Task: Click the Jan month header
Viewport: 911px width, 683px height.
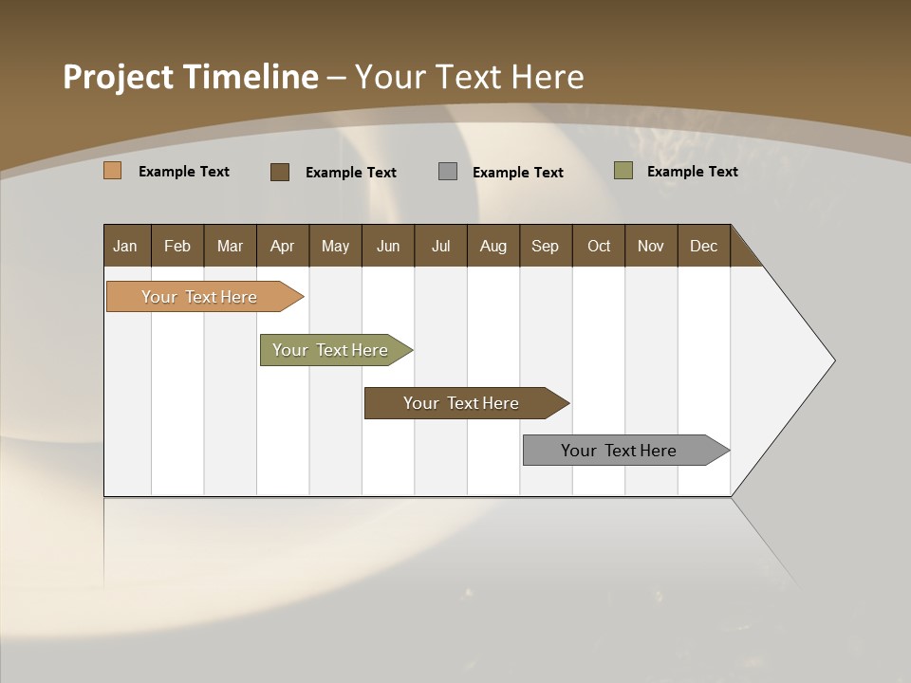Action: pos(125,246)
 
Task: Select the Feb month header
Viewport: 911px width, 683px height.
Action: pos(177,246)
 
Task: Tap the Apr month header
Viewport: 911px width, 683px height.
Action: pos(282,246)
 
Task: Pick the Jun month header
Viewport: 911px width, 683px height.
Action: pos(388,246)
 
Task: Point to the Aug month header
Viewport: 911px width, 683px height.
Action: pos(493,246)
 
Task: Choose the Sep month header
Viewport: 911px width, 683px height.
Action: pos(545,246)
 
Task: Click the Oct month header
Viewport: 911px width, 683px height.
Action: pos(599,246)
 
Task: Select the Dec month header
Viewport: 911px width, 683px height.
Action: pos(703,246)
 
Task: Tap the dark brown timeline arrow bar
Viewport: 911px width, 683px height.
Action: pos(462,403)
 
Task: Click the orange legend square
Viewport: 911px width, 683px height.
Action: pos(113,171)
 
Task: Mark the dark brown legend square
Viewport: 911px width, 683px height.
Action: pos(280,172)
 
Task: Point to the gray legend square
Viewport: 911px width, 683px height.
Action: pos(448,172)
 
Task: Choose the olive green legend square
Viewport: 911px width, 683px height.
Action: pos(623,171)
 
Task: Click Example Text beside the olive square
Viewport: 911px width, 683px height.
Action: pos(692,172)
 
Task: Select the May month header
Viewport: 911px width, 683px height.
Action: pos(335,246)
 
